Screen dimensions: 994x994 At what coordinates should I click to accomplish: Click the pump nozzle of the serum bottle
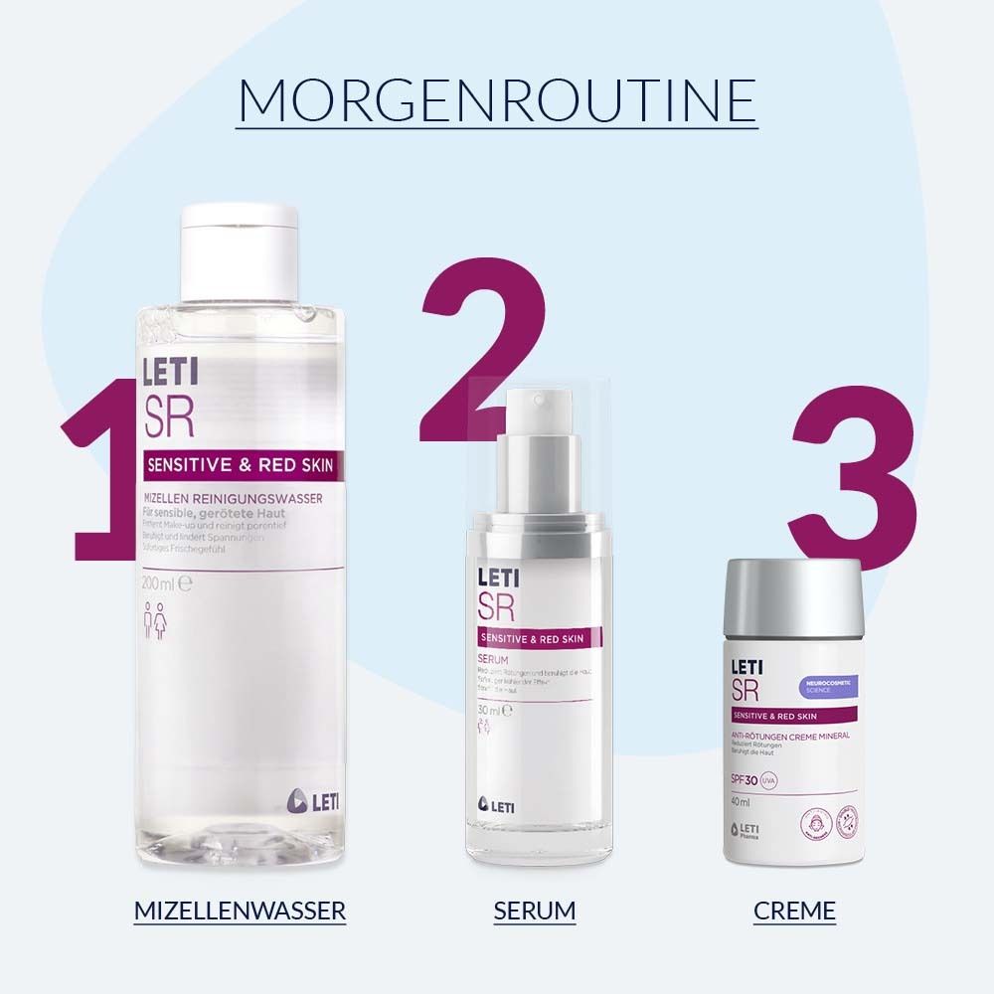[x=537, y=403]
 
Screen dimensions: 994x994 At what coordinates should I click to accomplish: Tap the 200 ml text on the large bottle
[x=161, y=583]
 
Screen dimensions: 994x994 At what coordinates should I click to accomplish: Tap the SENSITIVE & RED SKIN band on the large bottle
[x=240, y=464]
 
